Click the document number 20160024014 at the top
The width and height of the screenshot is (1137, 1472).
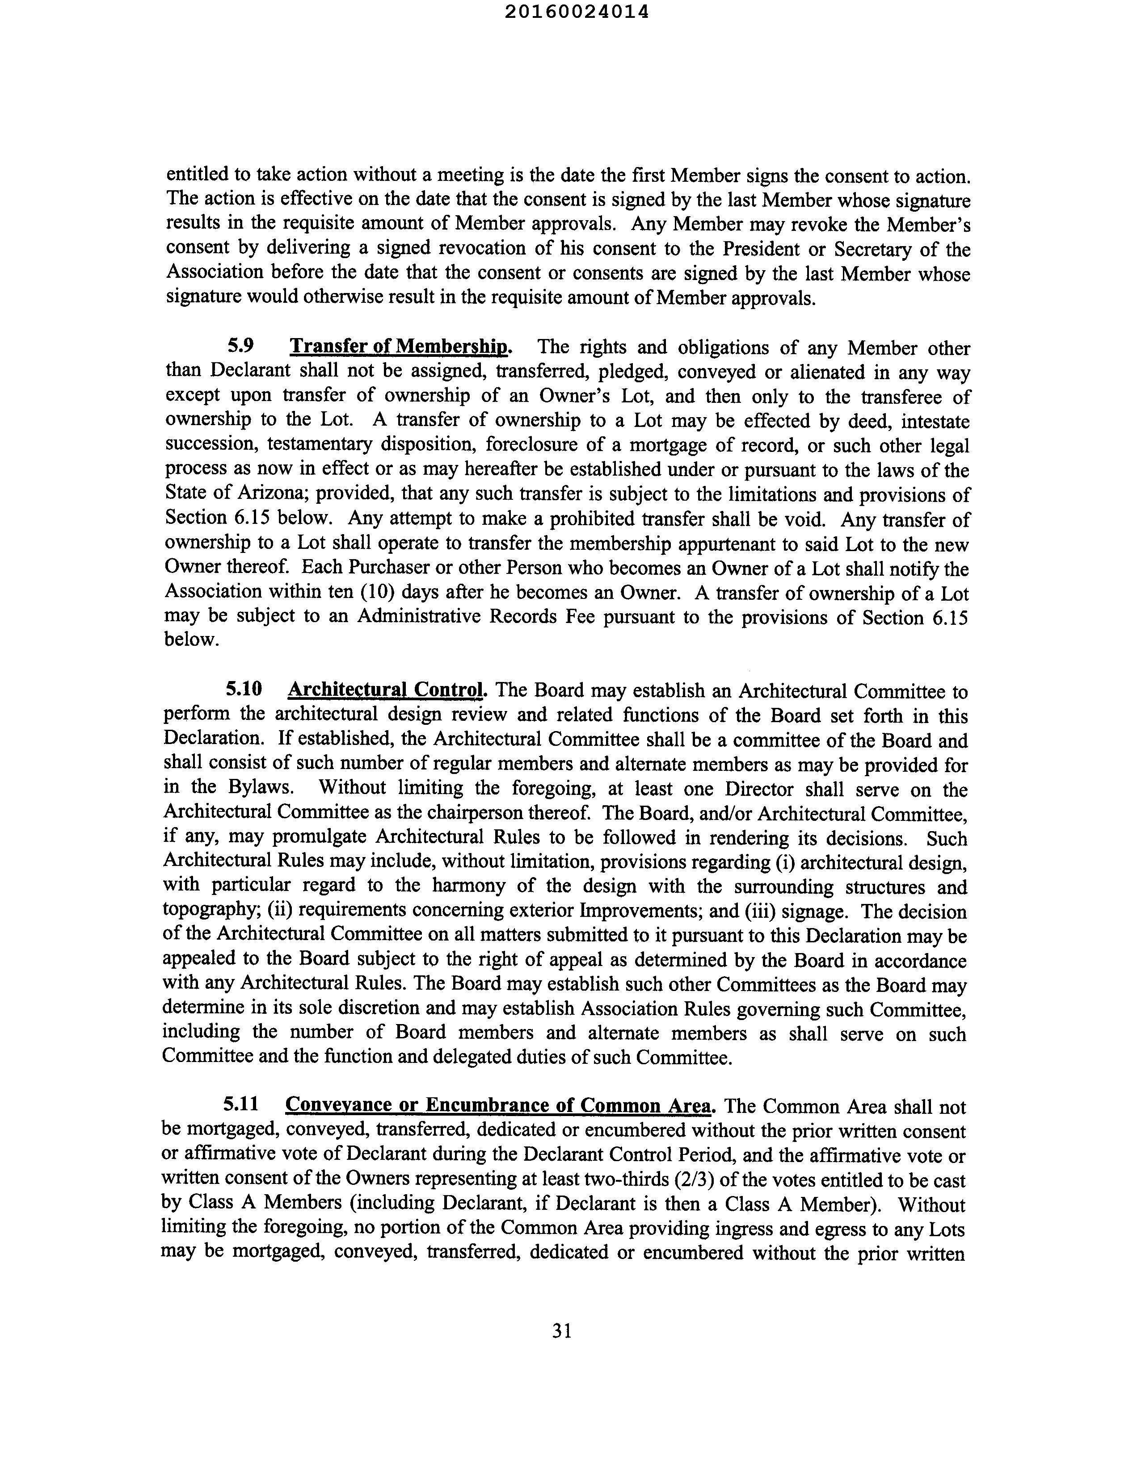click(576, 12)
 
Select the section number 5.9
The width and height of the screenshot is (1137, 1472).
click(241, 347)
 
